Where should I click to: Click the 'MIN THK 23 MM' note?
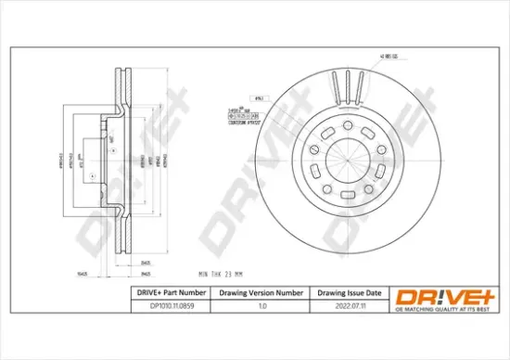click(x=222, y=273)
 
